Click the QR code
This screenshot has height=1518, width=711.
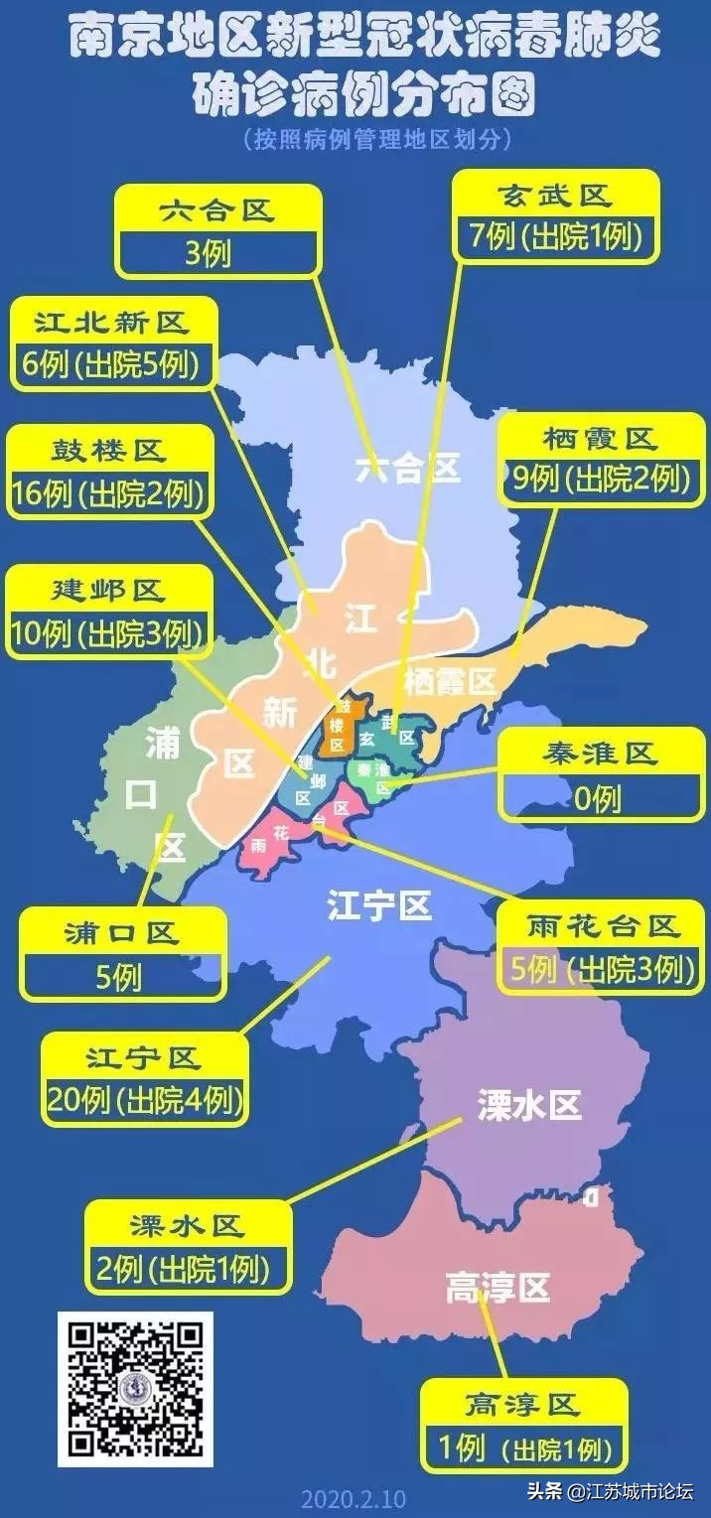pos(135,1389)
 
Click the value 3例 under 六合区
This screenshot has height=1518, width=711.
pos(209,255)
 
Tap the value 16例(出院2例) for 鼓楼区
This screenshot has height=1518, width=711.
pos(109,493)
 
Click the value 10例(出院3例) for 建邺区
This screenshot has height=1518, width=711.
pos(109,632)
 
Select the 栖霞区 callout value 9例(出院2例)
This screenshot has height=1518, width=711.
pos(599,480)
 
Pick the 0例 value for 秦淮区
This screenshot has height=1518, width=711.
pos(598,797)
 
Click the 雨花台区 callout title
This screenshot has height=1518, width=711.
pos(603,926)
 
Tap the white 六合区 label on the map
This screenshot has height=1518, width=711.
pos(408,469)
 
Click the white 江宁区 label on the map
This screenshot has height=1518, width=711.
pos(379,905)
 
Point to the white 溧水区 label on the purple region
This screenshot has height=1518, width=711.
pos(528,1105)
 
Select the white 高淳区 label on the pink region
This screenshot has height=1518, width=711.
pos(497,1289)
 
